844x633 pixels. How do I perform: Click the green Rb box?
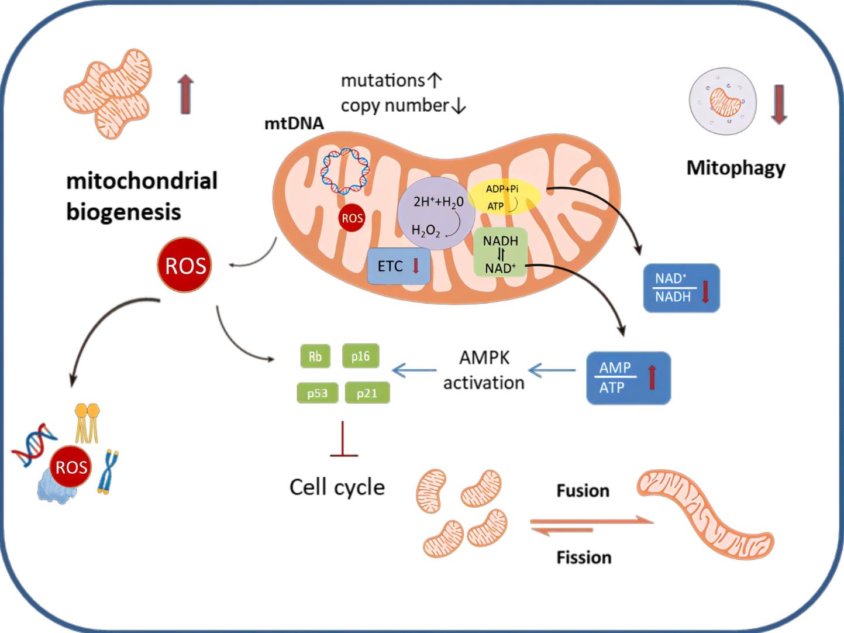[x=315, y=356]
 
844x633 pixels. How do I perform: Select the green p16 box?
[x=360, y=356]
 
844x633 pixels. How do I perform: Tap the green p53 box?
[x=318, y=393]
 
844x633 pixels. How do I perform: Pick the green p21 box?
[x=367, y=393]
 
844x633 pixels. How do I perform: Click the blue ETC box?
[x=398, y=266]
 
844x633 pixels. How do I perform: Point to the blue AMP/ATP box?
[x=628, y=378]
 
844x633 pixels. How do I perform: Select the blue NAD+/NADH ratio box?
[x=681, y=288]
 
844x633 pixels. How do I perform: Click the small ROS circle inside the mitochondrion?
[x=352, y=218]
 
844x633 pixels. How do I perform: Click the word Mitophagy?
[x=735, y=168]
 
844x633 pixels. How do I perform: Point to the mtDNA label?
[x=294, y=123]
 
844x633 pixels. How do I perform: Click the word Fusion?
[x=583, y=490]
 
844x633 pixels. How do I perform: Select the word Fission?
[x=584, y=558]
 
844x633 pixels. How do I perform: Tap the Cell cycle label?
[x=337, y=487]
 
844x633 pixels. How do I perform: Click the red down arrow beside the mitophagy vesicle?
[x=778, y=104]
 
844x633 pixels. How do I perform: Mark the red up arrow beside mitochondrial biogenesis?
[x=185, y=94]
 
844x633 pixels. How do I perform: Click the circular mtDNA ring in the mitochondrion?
[x=345, y=171]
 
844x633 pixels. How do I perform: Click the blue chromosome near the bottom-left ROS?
[x=108, y=472]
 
